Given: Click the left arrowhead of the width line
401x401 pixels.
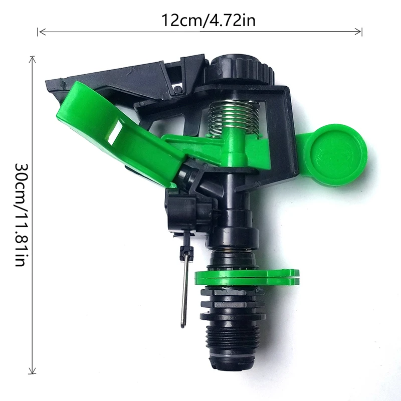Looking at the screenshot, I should [40, 32].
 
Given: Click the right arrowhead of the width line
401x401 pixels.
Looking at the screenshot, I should [359, 32].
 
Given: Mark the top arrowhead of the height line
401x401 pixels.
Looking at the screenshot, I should [33, 59].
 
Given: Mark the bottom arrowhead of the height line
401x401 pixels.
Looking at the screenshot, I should [33, 371].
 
